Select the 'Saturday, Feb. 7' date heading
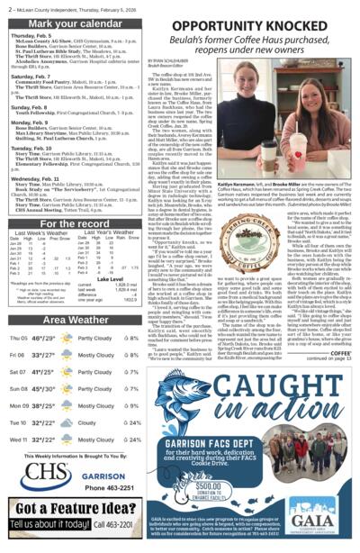click(32, 77)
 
